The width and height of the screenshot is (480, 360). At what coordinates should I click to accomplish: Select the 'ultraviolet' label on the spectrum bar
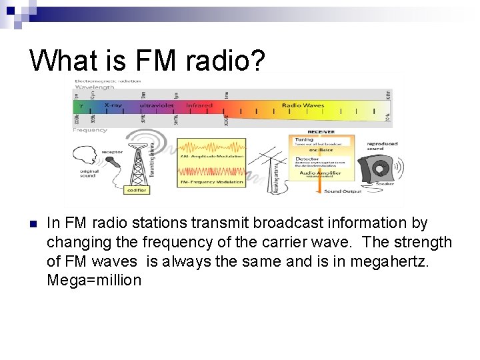(157, 105)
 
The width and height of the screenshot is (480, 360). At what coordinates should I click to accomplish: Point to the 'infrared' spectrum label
(199, 105)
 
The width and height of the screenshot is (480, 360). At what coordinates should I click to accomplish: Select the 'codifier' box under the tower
(137, 190)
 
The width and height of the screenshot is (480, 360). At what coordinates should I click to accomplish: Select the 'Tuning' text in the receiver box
(304, 140)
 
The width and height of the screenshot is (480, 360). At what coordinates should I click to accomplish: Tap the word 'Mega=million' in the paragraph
(94, 280)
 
